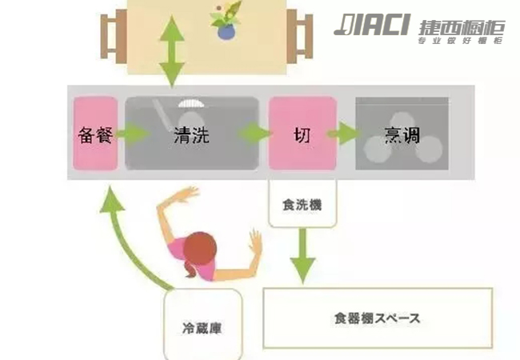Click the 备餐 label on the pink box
(96, 134)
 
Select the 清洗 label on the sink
(191, 134)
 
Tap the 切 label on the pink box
(302, 134)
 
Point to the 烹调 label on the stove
(402, 134)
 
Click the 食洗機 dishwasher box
(301, 205)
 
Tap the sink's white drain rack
(191, 102)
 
